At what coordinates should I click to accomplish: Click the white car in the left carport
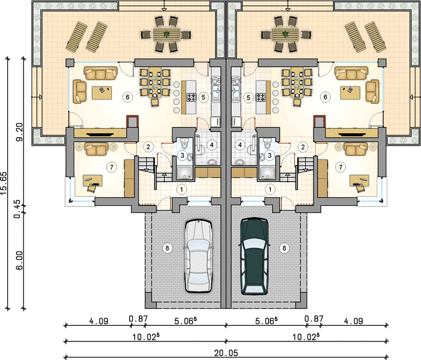tap(198, 256)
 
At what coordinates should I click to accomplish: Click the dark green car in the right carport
tap(254, 256)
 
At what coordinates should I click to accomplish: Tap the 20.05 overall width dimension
tap(226, 353)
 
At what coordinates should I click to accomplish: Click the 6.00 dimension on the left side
tap(19, 260)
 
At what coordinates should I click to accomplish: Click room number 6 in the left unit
tap(127, 97)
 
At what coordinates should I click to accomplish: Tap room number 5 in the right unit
tap(249, 98)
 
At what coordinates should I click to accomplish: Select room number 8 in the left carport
tap(167, 248)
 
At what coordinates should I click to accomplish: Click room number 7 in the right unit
tap(341, 167)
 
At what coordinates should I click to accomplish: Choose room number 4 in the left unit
tap(212, 145)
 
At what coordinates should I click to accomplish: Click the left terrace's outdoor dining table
tap(166, 35)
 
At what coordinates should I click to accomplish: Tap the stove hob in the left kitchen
tap(192, 97)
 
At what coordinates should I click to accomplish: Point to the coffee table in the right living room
tap(350, 93)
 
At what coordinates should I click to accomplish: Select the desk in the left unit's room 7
tap(92, 181)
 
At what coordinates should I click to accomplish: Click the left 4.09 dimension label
tap(99, 321)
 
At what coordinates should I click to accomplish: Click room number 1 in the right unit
tap(270, 190)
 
